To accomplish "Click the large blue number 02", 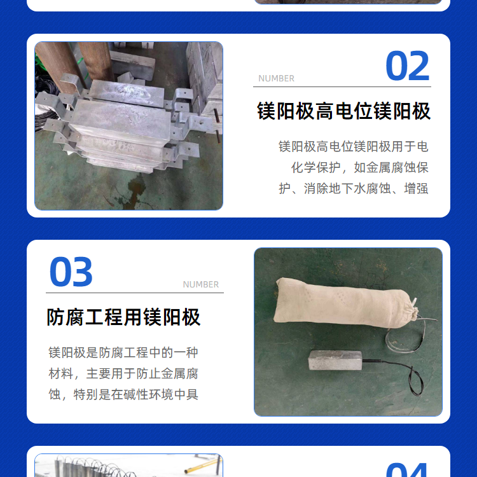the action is click(x=407, y=66).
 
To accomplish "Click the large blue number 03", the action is click(x=71, y=272).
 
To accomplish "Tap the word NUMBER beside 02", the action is click(x=276, y=78).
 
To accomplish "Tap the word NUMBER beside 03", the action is click(x=201, y=284).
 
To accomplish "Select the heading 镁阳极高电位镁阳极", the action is click(x=343, y=111).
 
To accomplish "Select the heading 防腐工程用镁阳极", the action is click(x=123, y=317).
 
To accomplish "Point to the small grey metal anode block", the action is click(x=335, y=360).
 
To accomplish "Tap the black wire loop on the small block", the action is click(x=415, y=380).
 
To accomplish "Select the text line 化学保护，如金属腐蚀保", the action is click(x=360, y=168).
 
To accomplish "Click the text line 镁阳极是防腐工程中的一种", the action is click(x=123, y=353).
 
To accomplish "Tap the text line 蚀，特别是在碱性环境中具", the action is click(x=123, y=394).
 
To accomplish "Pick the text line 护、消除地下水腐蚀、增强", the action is click(x=354, y=189).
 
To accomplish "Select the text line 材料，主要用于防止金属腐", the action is click(x=123, y=373).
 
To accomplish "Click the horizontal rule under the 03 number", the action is click(x=135, y=293).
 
